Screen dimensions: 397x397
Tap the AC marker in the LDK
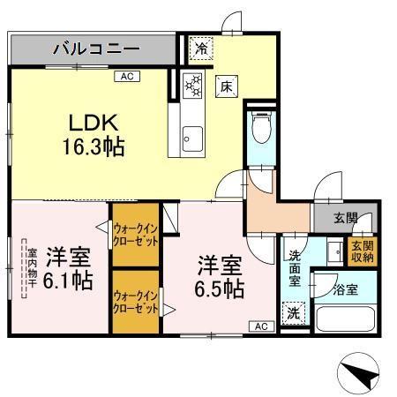[127, 77]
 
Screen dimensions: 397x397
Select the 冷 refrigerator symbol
[202, 49]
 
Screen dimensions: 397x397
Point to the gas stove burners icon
[193, 86]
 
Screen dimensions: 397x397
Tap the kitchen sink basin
[192, 138]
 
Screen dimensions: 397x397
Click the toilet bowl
[262, 130]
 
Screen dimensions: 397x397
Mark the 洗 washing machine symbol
[293, 312]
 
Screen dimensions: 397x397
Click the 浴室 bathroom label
[345, 288]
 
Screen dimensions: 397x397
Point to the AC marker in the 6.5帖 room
[262, 326]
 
